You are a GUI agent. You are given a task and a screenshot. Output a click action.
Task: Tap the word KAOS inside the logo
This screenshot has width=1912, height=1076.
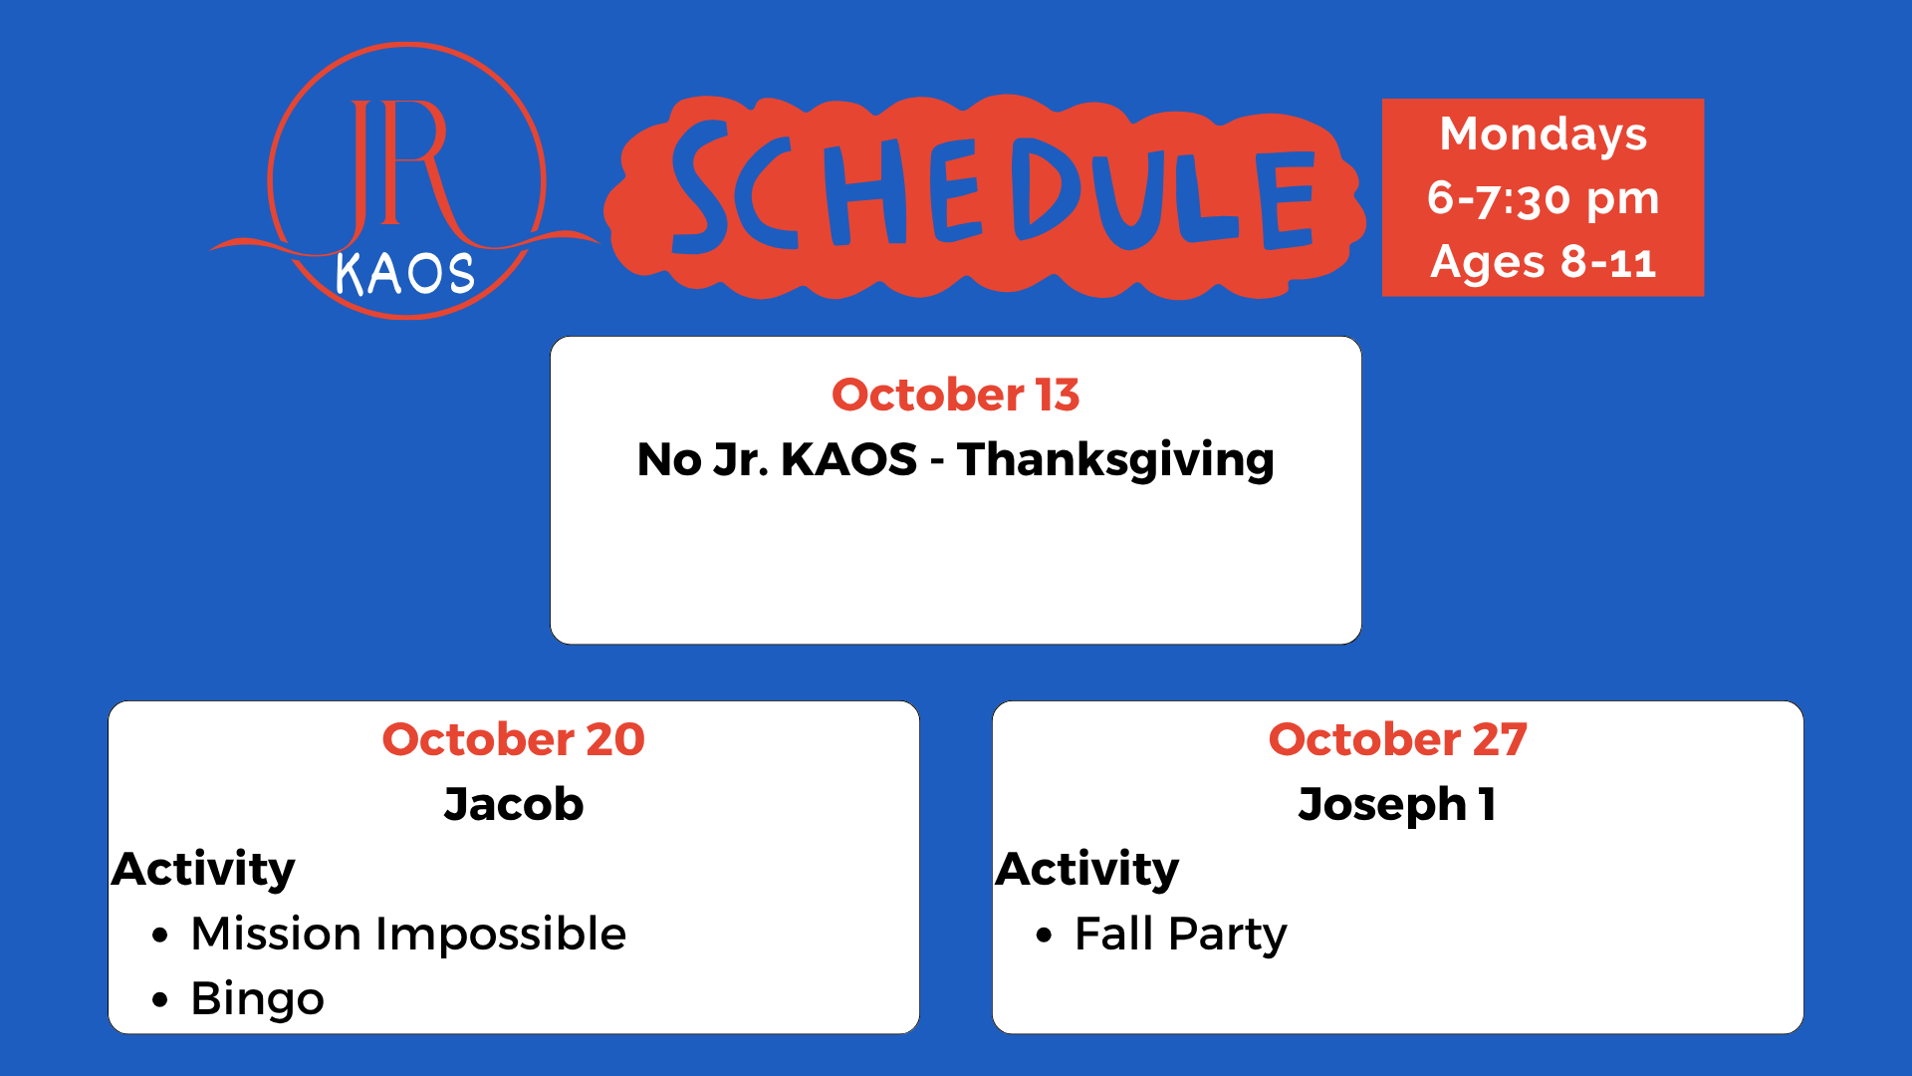[x=405, y=273]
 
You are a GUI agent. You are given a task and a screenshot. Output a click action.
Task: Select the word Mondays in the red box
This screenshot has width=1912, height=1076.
[x=1543, y=134]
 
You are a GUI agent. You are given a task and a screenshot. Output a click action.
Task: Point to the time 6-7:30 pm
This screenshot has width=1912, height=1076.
[x=1543, y=198]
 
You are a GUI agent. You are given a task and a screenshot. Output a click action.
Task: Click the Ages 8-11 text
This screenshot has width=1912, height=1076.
[x=1543, y=262]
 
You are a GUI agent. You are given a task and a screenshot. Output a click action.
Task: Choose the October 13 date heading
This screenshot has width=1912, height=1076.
[x=955, y=395]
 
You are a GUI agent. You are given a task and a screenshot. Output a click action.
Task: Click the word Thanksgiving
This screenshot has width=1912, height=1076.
[x=1115, y=460]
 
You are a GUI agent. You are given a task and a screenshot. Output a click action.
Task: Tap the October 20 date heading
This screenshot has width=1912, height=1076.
[x=513, y=739]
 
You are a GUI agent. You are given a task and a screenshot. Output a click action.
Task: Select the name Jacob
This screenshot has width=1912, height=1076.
[x=514, y=804]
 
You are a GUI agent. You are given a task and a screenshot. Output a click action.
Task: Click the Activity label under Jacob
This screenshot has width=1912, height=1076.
[x=203, y=870]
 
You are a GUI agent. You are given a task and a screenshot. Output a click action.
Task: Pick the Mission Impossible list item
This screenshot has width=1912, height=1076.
[x=408, y=935]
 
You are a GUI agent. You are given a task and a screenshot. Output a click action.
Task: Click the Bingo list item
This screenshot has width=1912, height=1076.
[x=257, y=999]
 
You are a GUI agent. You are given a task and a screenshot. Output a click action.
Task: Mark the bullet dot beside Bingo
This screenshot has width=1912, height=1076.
[x=160, y=999]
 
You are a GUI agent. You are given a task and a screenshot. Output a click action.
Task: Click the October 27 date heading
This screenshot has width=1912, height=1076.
[x=1397, y=739]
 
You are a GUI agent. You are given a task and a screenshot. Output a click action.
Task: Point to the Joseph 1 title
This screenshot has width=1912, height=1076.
[x=1397, y=805]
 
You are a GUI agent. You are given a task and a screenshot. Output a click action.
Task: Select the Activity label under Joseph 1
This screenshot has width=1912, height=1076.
[x=1087, y=870]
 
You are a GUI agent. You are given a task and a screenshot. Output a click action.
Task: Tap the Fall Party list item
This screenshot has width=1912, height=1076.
[x=1181, y=935]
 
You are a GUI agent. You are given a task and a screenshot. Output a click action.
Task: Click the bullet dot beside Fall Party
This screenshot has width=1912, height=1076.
[x=1044, y=935]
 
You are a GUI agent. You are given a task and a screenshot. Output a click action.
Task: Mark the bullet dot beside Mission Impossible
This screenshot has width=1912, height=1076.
[x=160, y=935]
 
